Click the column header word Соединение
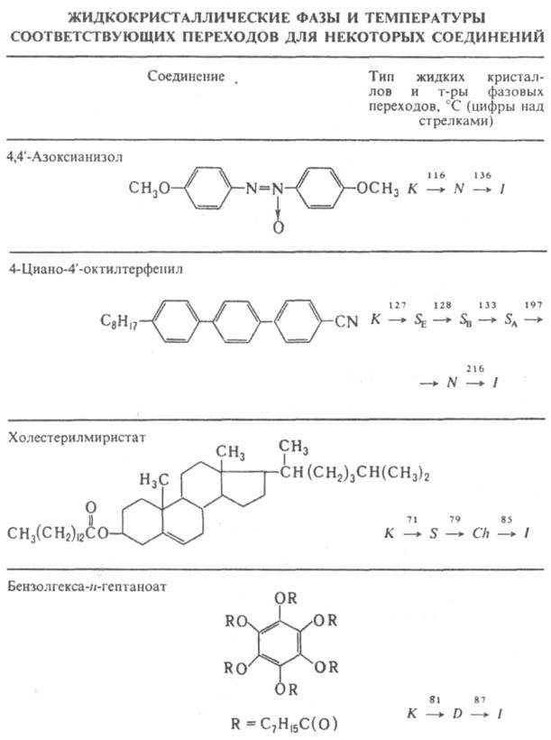[186, 77]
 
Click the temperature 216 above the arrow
[470, 367]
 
